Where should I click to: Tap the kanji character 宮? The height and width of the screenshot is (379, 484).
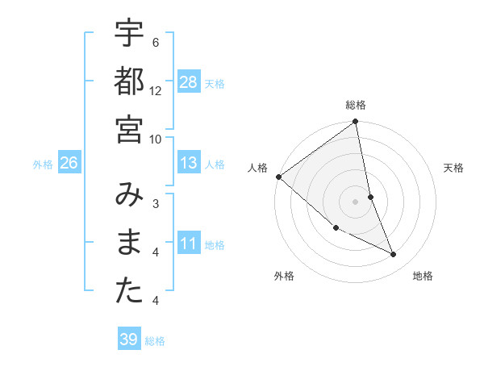[130, 128]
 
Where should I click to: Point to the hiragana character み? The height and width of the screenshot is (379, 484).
[130, 197]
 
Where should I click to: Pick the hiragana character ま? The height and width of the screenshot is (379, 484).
[130, 244]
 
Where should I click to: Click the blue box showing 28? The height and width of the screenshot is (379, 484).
[188, 81]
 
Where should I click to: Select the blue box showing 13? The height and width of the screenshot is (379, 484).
[188, 164]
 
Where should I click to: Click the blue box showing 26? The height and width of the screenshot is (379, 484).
[69, 164]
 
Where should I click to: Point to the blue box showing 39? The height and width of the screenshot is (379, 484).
[128, 339]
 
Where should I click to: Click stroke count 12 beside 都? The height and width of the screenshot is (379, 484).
[156, 90]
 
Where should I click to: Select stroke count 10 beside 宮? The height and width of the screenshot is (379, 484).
[156, 139]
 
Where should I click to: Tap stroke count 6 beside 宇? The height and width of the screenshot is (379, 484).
[156, 42]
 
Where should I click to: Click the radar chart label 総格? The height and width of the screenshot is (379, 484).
[355, 105]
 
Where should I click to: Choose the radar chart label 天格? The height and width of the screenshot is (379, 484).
[453, 168]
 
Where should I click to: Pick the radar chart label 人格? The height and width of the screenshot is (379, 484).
[258, 168]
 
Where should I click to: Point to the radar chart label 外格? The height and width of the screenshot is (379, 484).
[284, 276]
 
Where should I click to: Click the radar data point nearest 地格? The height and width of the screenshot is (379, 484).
[394, 255]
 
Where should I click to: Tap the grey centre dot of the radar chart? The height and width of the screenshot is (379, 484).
[355, 202]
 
